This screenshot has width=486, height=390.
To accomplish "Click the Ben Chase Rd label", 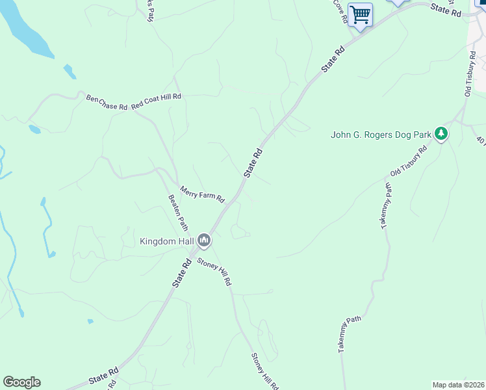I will click(x=107, y=103).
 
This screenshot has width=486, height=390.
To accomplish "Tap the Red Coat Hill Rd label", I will click(x=156, y=101).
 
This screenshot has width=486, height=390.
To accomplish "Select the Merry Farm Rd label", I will click(x=202, y=193).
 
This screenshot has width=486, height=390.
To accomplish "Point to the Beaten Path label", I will click(x=178, y=212).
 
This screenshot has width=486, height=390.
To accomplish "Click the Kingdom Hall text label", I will click(x=167, y=241).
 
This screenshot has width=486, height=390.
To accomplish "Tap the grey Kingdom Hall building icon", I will click(x=204, y=241).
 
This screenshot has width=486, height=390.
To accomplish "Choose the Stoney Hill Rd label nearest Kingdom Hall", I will click(x=214, y=271).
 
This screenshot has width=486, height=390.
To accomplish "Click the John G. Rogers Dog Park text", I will click(x=381, y=135).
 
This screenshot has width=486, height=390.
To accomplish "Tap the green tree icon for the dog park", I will click(x=442, y=134).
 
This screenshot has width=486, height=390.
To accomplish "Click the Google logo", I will click(x=21, y=382).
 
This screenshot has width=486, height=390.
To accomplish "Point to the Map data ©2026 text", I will click(x=457, y=385).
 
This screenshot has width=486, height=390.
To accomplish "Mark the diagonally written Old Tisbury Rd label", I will click(x=408, y=161).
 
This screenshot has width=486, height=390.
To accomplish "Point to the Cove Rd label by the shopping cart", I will click(x=340, y=11).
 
